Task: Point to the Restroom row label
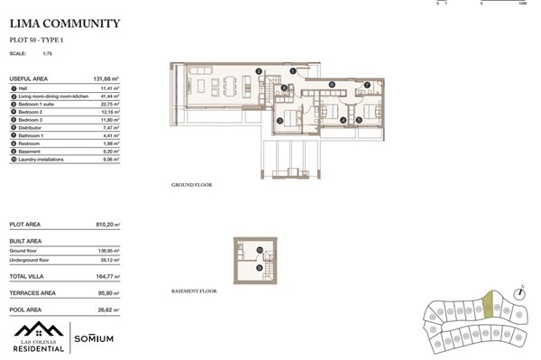point(30,143)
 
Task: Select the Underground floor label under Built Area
point(32,261)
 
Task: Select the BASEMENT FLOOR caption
point(194,293)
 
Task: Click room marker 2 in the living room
point(258,71)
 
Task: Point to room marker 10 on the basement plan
point(260,249)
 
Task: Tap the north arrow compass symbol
point(519,292)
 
